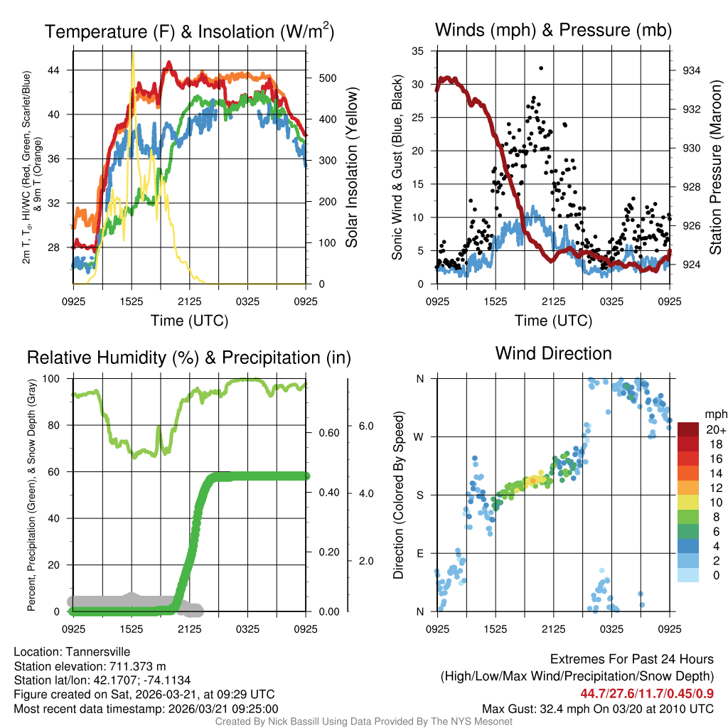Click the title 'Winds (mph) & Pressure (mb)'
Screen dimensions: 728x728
click(553, 30)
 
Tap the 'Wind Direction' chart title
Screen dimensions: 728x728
click(553, 353)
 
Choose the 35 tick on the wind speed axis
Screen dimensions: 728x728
click(418, 51)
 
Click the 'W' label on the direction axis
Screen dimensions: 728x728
click(420, 437)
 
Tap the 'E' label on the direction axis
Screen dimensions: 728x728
click(420, 553)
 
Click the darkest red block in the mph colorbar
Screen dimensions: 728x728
click(690, 429)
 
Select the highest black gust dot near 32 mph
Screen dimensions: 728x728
click(541, 68)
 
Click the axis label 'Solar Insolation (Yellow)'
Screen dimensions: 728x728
click(351, 167)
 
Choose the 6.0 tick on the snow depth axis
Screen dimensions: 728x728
click(365, 426)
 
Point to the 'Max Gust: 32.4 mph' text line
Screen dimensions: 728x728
click(597, 708)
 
